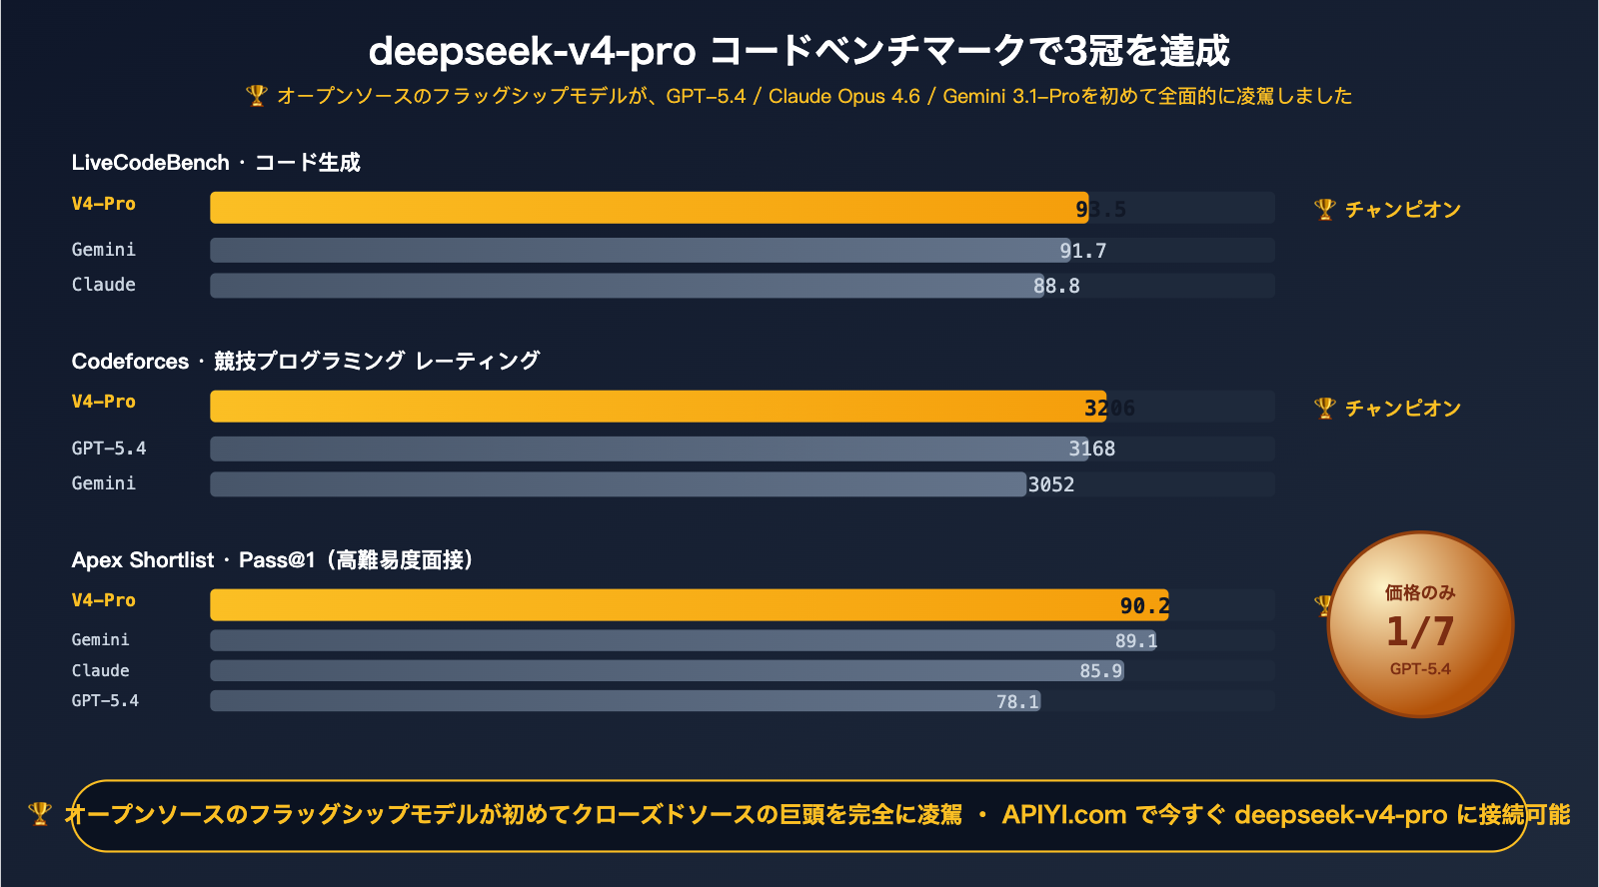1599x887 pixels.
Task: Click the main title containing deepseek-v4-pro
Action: pyautogui.click(x=799, y=50)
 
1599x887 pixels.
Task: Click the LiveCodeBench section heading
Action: pyautogui.click(x=215, y=163)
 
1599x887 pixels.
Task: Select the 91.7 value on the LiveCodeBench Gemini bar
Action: pyautogui.click(x=1083, y=251)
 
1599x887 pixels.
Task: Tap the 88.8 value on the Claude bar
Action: pyautogui.click(x=1056, y=286)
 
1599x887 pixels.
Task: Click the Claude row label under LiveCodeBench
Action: pyautogui.click(x=103, y=285)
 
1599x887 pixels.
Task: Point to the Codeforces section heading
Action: pyautogui.click(x=305, y=361)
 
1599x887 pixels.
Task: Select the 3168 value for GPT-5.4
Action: pyautogui.click(x=1091, y=448)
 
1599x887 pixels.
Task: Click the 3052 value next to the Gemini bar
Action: pyautogui.click(x=1051, y=484)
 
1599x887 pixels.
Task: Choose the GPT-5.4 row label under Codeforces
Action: pyautogui.click(x=108, y=448)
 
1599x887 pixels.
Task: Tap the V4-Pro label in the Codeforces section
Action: pyautogui.click(x=103, y=402)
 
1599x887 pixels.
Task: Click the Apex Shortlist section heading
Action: pyautogui.click(x=272, y=559)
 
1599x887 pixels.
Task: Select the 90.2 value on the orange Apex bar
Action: pyautogui.click(x=1144, y=605)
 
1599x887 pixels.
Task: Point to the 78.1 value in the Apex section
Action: pyautogui.click(x=1017, y=701)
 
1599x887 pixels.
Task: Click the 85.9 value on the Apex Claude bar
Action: pyautogui.click(x=1100, y=670)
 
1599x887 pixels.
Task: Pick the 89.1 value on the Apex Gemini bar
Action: pyautogui.click(x=1136, y=640)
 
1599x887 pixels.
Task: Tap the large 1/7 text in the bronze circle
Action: pyautogui.click(x=1420, y=631)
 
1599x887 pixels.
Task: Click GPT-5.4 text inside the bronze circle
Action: pyautogui.click(x=1420, y=669)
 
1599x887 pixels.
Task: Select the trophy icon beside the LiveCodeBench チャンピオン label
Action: pyautogui.click(x=1324, y=209)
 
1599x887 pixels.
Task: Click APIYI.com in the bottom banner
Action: pyautogui.click(x=1063, y=815)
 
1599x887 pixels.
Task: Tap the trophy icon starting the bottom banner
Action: pyautogui.click(x=39, y=813)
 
